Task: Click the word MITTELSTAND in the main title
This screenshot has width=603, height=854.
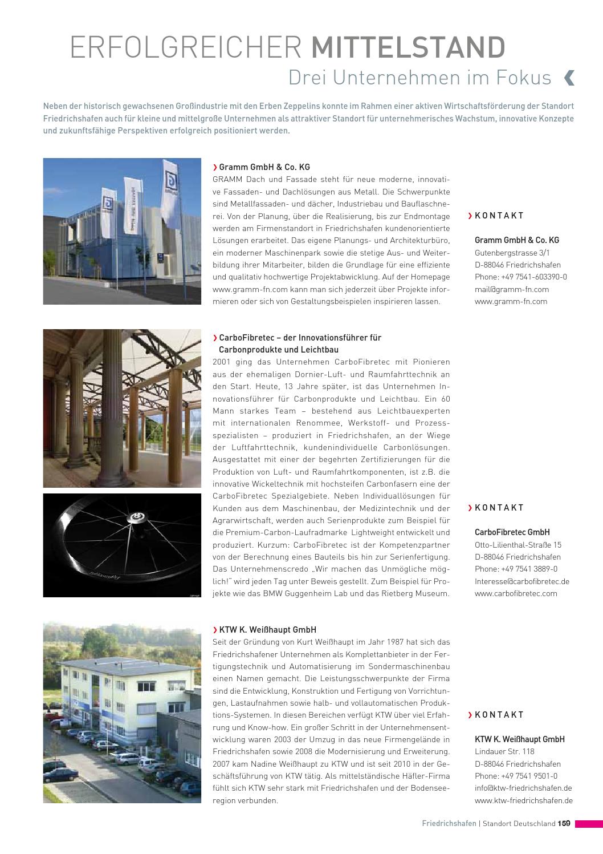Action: [x=408, y=47]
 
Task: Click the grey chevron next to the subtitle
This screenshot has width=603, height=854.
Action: [x=569, y=78]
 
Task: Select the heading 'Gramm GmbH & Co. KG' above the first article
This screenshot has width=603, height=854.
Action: [x=264, y=167]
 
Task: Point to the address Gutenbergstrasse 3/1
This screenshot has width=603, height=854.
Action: [x=512, y=253]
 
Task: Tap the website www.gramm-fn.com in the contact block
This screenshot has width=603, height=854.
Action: [x=511, y=302]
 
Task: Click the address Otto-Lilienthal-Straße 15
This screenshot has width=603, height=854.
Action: [x=518, y=545]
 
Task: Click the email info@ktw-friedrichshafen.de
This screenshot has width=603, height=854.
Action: [x=523, y=788]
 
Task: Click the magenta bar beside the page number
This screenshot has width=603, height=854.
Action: [x=588, y=824]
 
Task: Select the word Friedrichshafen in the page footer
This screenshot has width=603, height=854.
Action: [x=449, y=824]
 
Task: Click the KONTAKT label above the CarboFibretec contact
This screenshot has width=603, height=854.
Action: [x=499, y=508]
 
